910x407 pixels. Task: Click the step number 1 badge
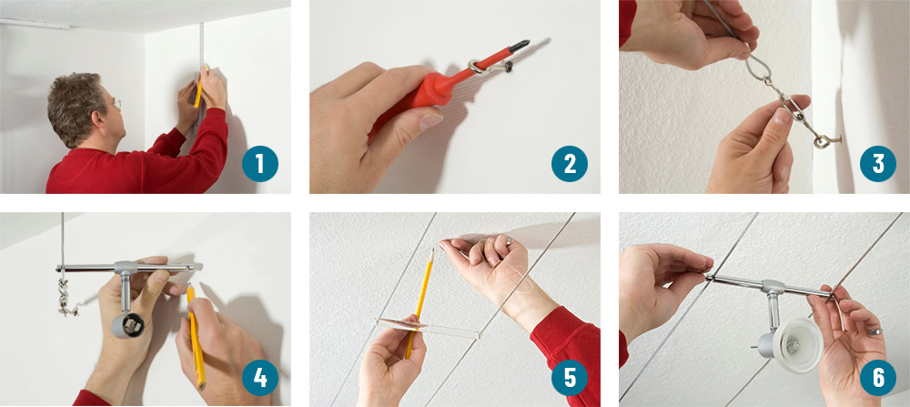click(x=260, y=164)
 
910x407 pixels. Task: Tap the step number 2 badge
click(x=570, y=164)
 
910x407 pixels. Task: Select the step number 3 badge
click(x=878, y=164)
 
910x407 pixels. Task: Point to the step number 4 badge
click(x=260, y=378)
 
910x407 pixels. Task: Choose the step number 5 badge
click(x=570, y=378)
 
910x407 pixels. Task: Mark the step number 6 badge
click(x=878, y=378)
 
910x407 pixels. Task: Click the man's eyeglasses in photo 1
click(x=116, y=104)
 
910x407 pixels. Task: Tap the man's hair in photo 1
click(x=76, y=102)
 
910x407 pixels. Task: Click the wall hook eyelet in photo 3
click(x=822, y=140)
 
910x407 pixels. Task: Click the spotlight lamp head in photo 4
click(x=127, y=325)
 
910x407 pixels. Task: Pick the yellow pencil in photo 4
click(x=197, y=336)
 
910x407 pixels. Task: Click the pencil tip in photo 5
click(x=431, y=250)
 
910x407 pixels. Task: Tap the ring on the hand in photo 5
click(x=507, y=239)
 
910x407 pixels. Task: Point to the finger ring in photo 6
click(x=875, y=331)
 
